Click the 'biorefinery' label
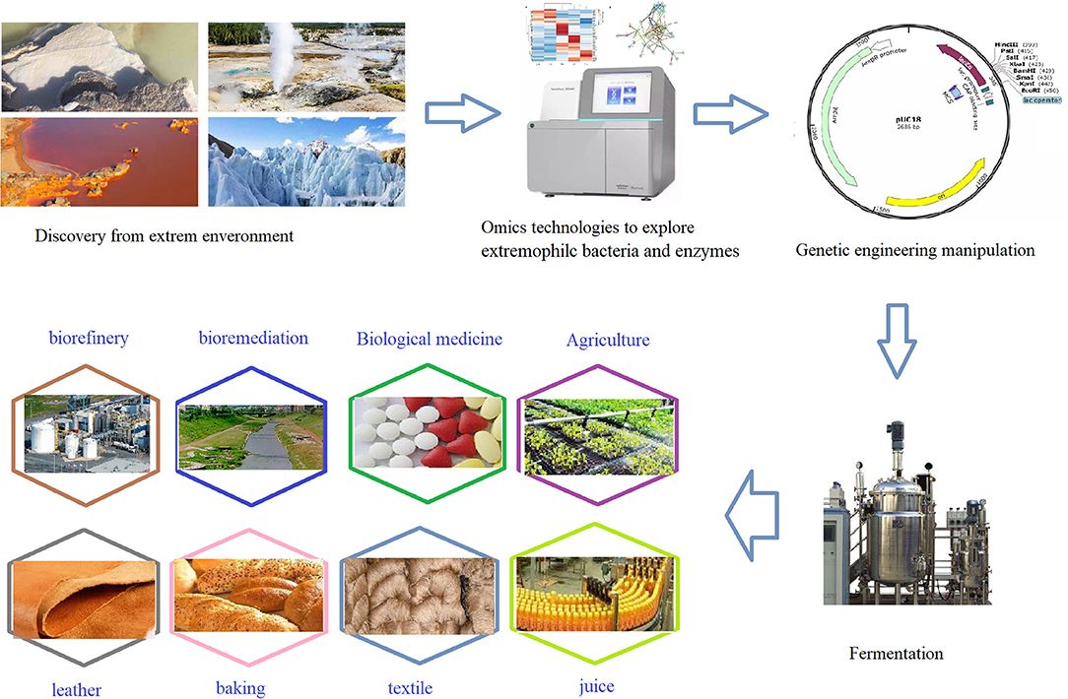pyautogui.click(x=89, y=339)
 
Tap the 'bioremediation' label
pyautogui.click(x=252, y=339)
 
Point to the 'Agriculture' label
pyautogui.click(x=608, y=341)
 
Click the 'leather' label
pyautogui.click(x=76, y=688)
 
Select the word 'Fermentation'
pyautogui.click(x=896, y=653)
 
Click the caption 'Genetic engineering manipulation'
pyautogui.click(x=915, y=250)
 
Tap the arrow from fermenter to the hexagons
pyautogui.click(x=752, y=508)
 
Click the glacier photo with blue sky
pyautogui.click(x=305, y=162)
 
